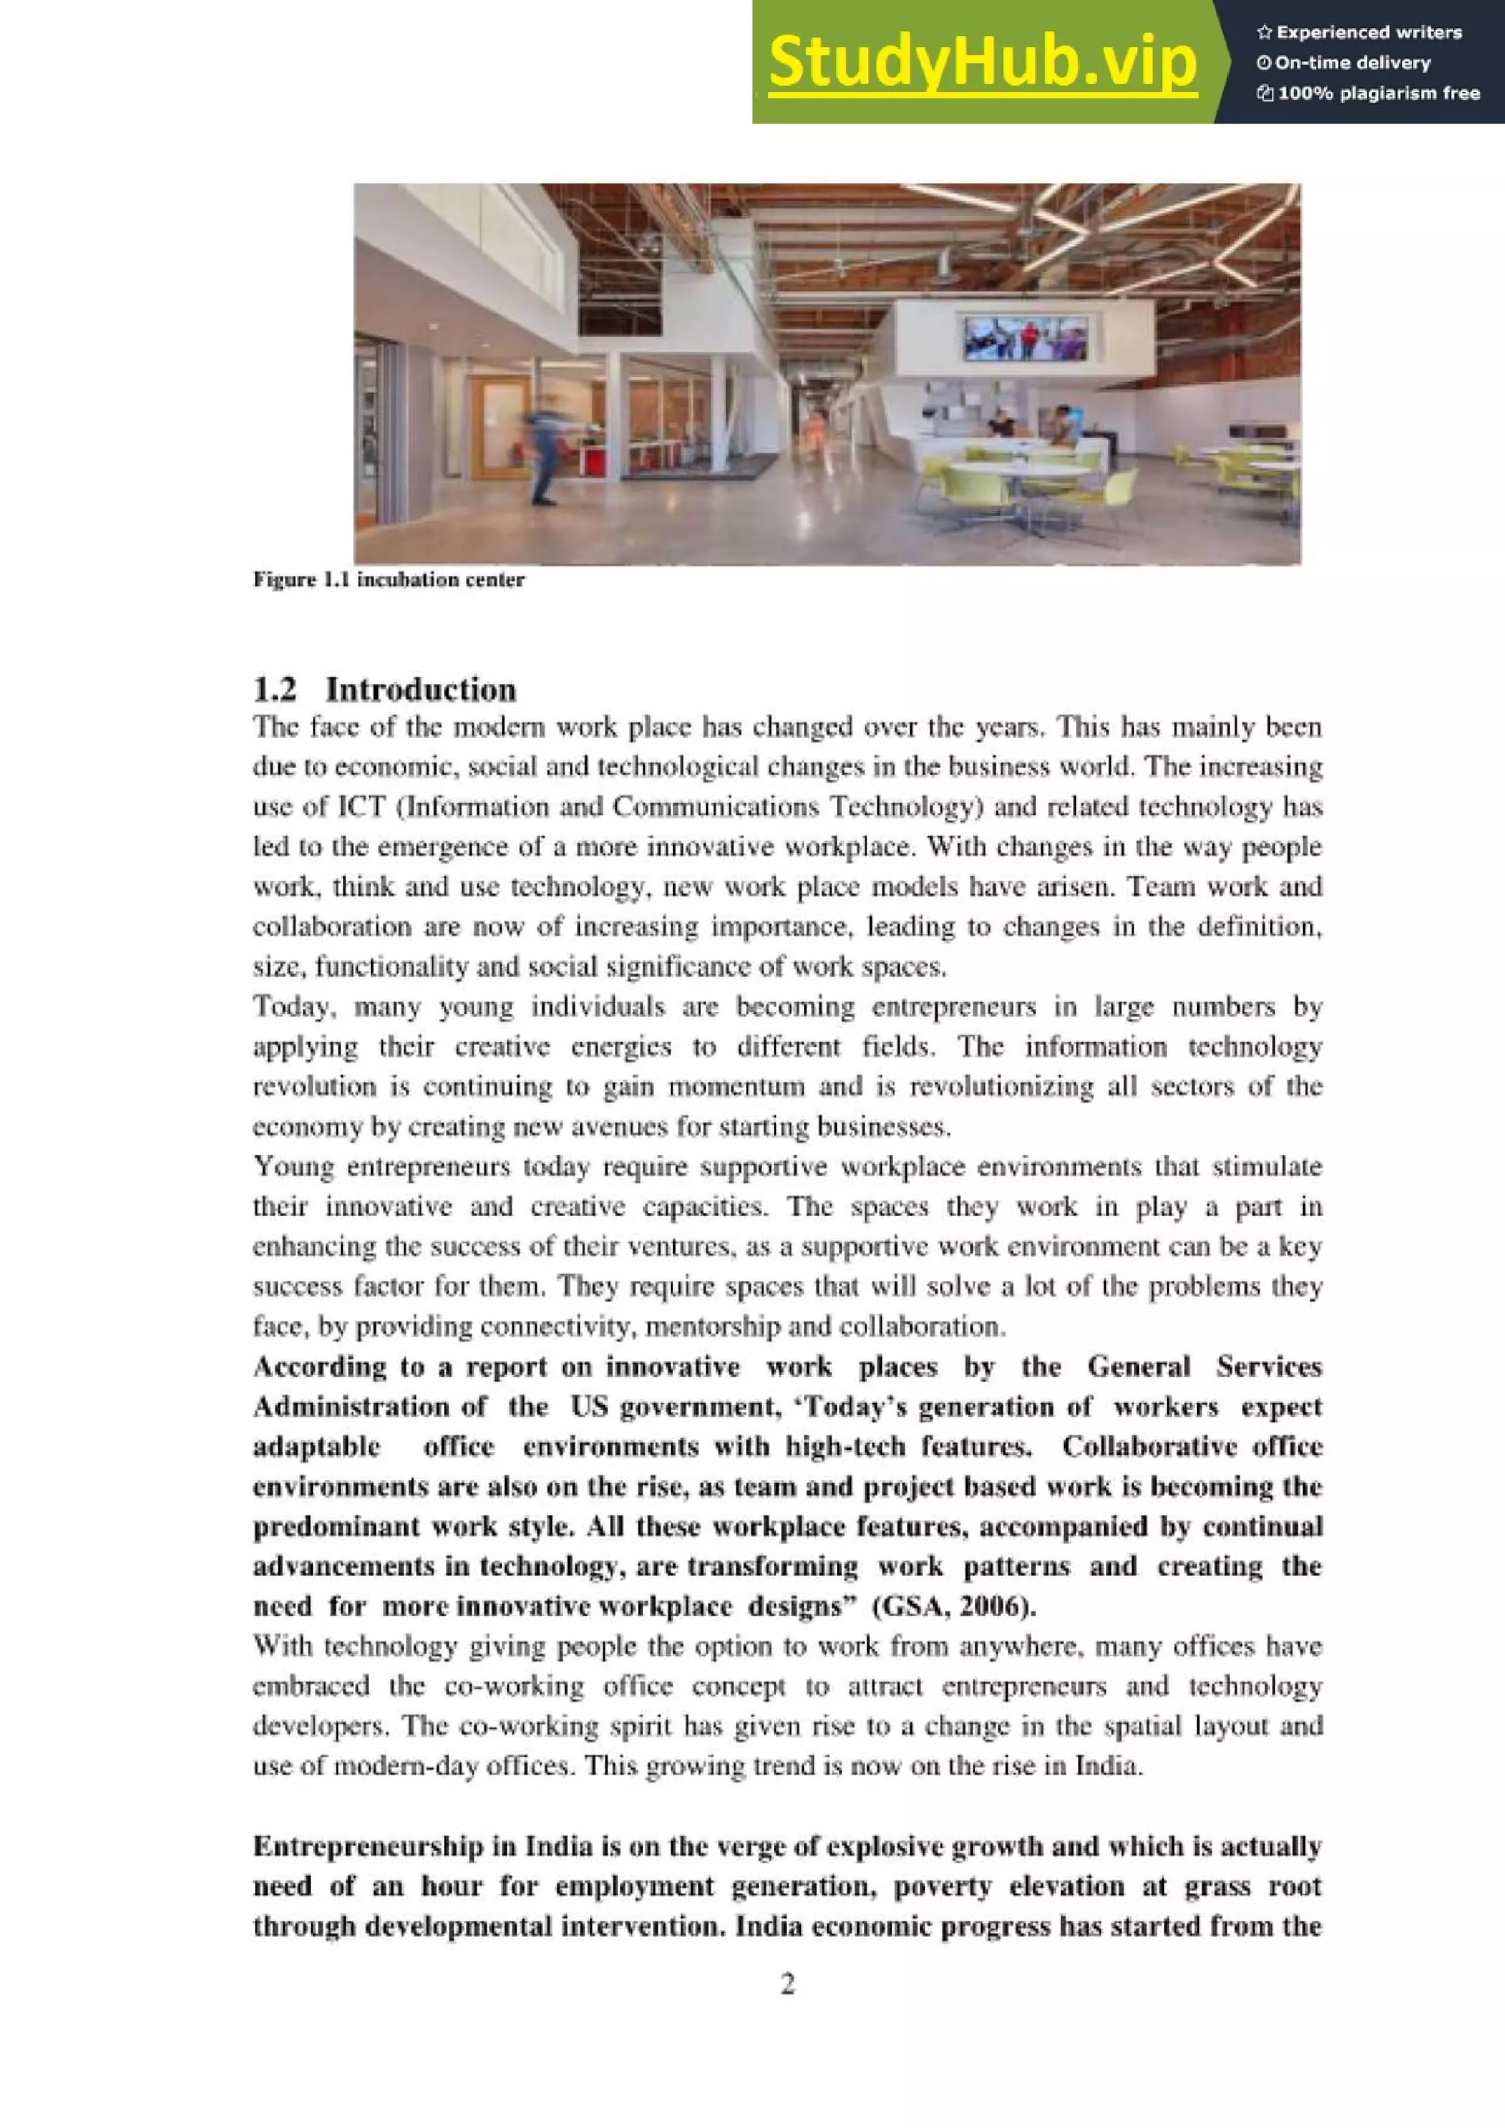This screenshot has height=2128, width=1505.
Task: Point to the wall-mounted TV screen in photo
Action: pos(1025,337)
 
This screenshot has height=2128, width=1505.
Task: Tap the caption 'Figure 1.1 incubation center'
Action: pos(389,580)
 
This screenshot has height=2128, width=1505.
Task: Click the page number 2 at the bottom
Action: pos(788,1983)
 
